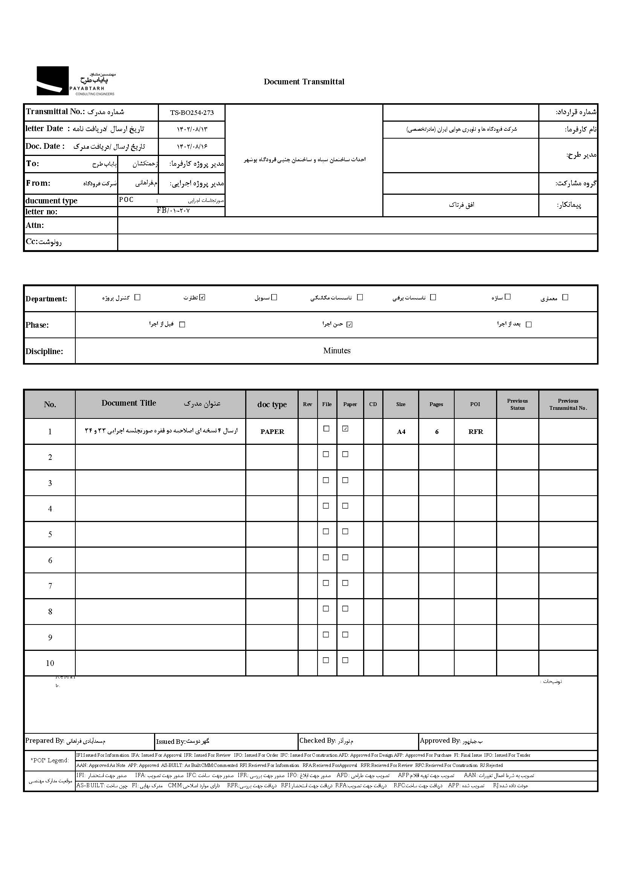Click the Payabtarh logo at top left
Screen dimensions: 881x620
tap(75, 81)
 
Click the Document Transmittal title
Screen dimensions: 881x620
tap(304, 82)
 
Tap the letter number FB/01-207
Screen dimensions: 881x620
tap(173, 211)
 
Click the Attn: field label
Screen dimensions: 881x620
tap(35, 225)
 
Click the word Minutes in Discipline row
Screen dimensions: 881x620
tap(336, 351)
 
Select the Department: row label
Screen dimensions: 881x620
tap(46, 299)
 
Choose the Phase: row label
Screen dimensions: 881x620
tap(37, 325)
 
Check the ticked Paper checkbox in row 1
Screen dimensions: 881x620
tap(345, 429)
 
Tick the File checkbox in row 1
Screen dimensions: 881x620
tap(326, 429)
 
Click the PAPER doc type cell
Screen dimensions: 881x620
tap(272, 432)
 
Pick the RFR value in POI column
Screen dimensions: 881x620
tap(476, 432)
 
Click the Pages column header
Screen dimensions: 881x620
tap(436, 404)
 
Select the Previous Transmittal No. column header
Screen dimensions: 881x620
tap(568, 405)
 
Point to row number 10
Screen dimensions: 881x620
tap(50, 663)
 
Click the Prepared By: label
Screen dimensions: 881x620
tap(44, 741)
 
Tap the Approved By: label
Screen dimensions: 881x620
tap(440, 741)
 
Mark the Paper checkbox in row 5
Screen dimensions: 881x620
tap(345, 531)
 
